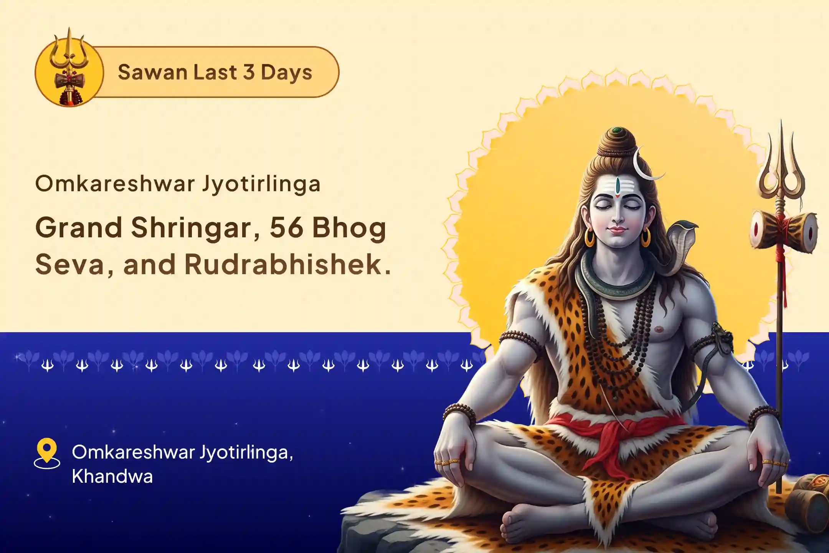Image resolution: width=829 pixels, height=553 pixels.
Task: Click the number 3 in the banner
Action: tap(249, 72)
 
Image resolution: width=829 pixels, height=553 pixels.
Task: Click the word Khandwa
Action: tap(112, 477)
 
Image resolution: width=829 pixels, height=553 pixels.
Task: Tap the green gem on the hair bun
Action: tap(617, 131)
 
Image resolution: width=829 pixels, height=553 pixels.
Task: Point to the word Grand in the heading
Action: tap(78, 227)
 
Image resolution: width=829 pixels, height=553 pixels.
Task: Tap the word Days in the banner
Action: tap(286, 72)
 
